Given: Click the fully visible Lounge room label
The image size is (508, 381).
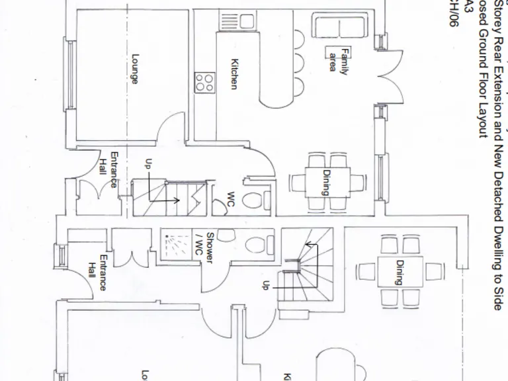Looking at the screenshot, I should click(135, 69).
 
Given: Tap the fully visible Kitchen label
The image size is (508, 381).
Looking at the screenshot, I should click(233, 74).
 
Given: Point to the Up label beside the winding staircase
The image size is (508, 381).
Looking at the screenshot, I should click(265, 284).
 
